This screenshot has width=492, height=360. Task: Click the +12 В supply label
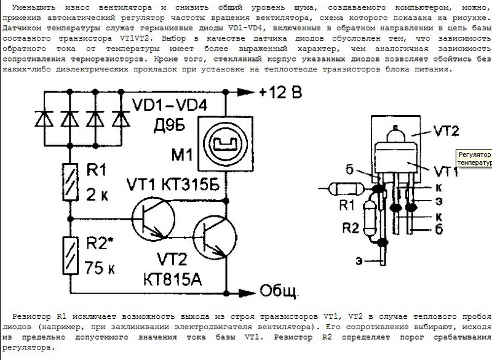point(282,94)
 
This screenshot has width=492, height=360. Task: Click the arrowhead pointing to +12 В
point(247,93)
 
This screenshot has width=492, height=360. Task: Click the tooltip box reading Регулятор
point(473,159)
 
